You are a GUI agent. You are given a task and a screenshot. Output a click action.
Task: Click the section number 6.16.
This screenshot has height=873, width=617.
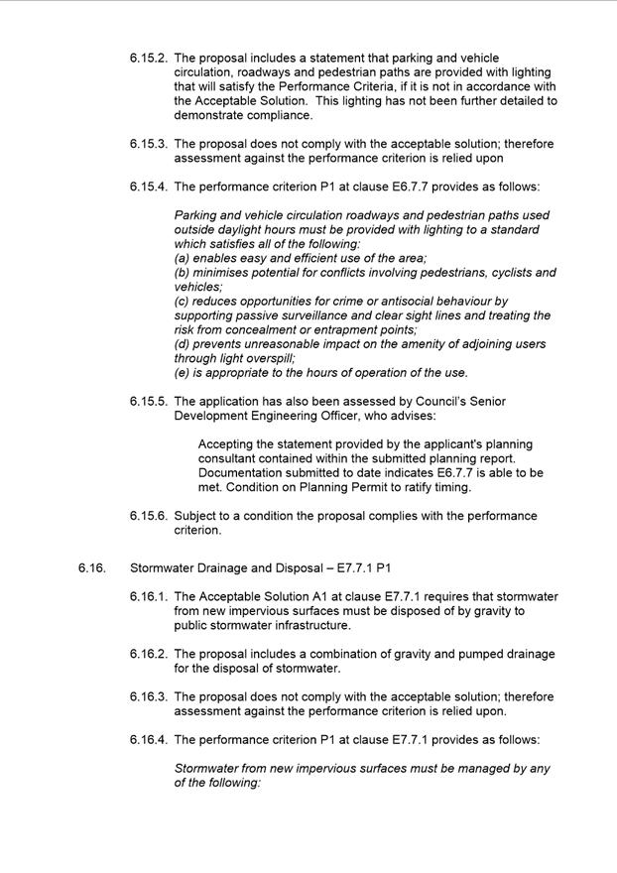[92, 567]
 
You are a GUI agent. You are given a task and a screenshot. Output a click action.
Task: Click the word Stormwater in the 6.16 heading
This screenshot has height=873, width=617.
[163, 567]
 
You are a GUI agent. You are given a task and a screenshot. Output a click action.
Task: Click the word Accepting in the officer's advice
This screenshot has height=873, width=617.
[228, 444]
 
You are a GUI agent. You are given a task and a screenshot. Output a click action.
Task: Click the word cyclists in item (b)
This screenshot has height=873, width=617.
[505, 272]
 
